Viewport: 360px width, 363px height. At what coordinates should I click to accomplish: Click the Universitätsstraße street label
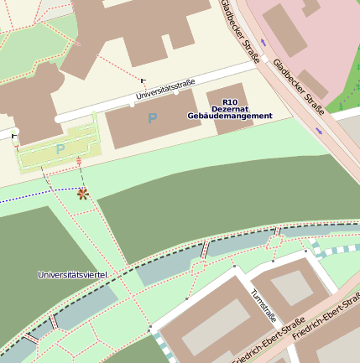coord(165,92)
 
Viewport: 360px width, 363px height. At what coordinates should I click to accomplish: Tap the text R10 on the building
coord(230,101)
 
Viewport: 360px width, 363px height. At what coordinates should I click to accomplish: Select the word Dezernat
coord(230,108)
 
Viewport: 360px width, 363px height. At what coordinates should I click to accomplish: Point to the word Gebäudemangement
coord(230,116)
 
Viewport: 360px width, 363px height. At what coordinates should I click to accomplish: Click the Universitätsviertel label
coord(71,275)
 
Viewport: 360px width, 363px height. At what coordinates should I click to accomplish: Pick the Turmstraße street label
coord(263,306)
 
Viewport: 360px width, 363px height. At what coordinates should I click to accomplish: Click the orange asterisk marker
coord(82,194)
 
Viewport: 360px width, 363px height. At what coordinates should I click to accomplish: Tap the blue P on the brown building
coord(152,119)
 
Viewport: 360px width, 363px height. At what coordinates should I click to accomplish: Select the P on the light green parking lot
coord(60,148)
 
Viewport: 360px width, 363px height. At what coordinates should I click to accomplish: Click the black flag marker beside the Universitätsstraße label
coord(143,81)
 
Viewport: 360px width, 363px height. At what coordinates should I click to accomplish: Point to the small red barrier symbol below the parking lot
coord(79,160)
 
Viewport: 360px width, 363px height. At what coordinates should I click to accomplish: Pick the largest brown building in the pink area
coord(284,30)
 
